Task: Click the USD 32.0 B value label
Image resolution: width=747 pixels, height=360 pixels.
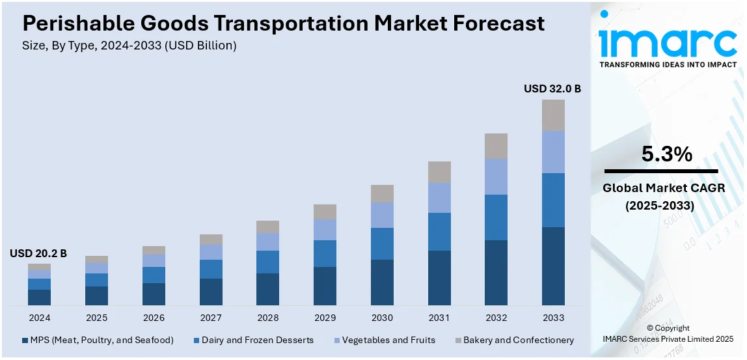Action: (552, 89)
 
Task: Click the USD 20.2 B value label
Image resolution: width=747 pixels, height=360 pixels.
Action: (38, 253)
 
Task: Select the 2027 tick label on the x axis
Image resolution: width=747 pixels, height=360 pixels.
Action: (211, 318)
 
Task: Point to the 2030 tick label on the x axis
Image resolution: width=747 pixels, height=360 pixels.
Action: (382, 318)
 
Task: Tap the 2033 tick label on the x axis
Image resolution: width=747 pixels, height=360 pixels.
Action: (554, 318)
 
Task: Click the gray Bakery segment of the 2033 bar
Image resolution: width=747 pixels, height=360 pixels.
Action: (554, 115)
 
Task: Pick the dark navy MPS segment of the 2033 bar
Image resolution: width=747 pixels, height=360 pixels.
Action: (554, 266)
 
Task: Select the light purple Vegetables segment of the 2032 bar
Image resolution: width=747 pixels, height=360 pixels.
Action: (496, 176)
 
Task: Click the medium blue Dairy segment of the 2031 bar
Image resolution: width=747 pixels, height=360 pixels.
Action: (439, 232)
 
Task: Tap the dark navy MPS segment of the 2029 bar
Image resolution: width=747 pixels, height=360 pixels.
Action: (325, 286)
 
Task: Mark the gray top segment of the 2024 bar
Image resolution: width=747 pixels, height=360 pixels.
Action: (39, 267)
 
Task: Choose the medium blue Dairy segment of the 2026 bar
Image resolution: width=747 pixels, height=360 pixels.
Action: (154, 275)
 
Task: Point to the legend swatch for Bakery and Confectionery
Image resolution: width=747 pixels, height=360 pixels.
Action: (457, 340)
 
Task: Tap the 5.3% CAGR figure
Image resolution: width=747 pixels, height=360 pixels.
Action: (666, 154)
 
